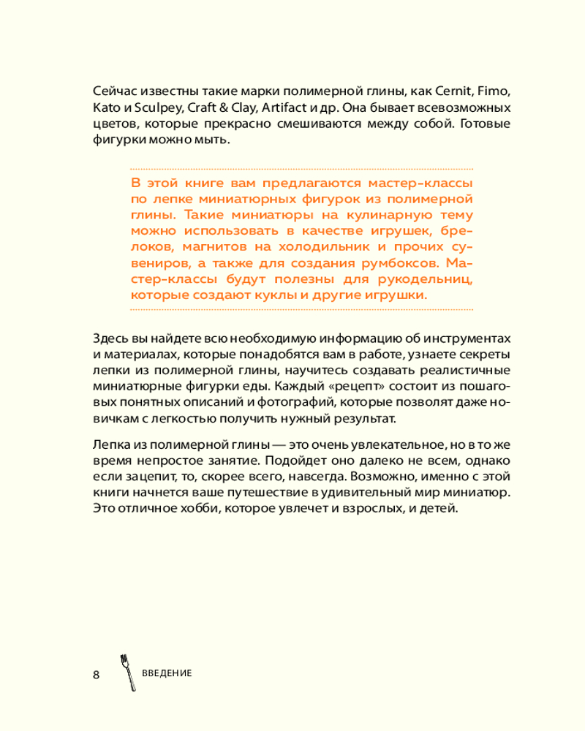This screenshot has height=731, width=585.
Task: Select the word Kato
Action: click(x=107, y=108)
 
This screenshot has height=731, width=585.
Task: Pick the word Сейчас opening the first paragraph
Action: click(x=115, y=92)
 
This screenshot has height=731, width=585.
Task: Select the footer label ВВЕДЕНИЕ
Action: click(x=167, y=673)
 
